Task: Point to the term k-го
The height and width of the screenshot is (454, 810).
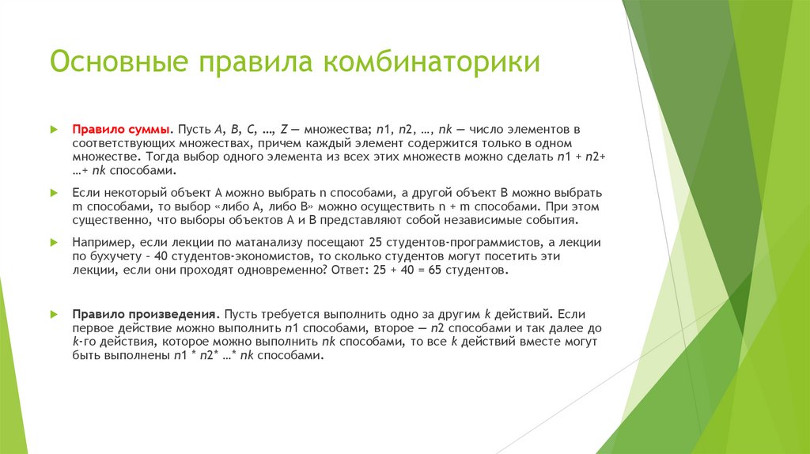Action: [84, 342]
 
